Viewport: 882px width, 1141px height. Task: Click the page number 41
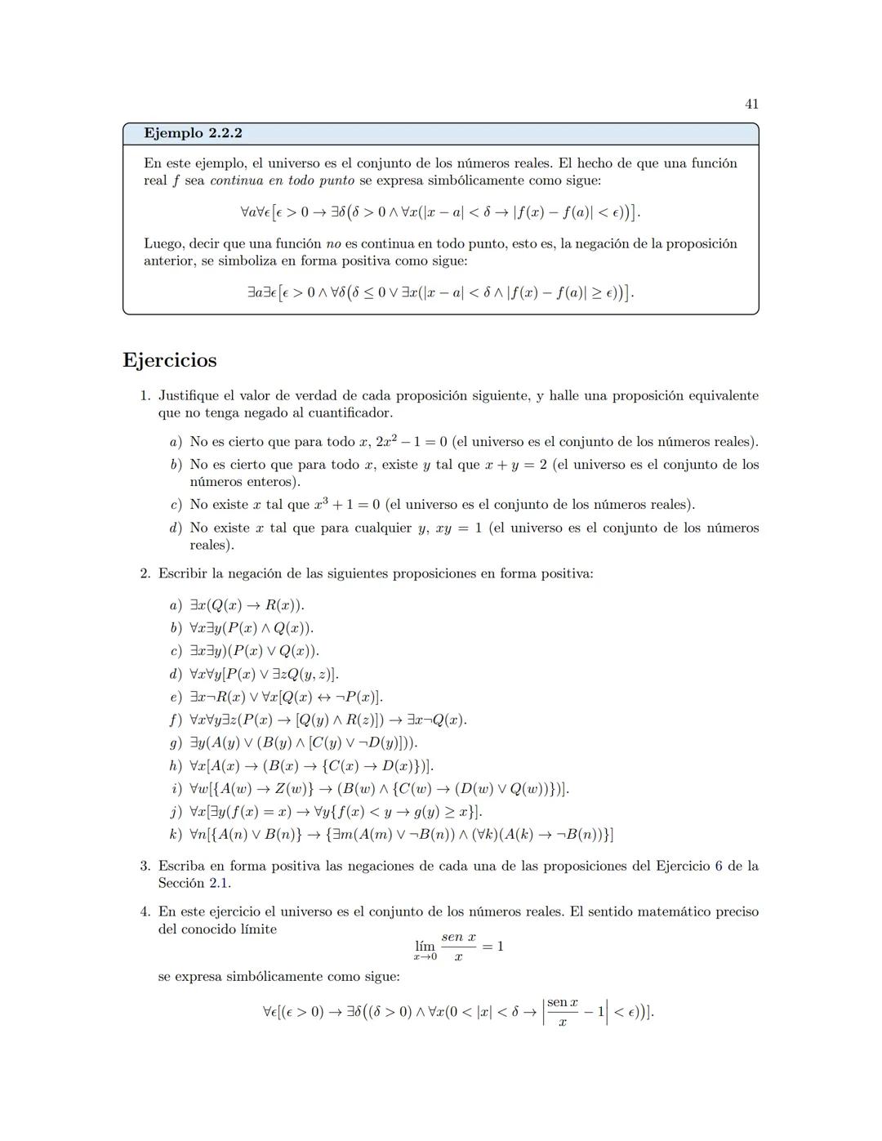tap(751, 104)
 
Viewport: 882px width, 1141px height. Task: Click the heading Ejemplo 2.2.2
tap(193, 133)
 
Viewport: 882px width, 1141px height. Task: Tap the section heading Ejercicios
tap(170, 360)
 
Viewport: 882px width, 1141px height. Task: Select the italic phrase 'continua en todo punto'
tap(283, 181)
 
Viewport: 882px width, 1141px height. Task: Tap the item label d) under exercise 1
tap(176, 528)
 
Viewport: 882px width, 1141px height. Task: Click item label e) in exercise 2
tap(176, 698)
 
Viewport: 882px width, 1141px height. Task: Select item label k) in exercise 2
tap(176, 835)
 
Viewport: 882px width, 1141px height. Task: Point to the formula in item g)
tap(304, 743)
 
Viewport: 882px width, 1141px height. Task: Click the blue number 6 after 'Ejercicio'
tap(719, 866)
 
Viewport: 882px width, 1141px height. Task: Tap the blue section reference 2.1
tap(218, 883)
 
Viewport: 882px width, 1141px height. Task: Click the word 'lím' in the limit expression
tap(425, 947)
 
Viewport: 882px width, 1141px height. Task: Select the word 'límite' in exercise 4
tap(255, 929)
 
